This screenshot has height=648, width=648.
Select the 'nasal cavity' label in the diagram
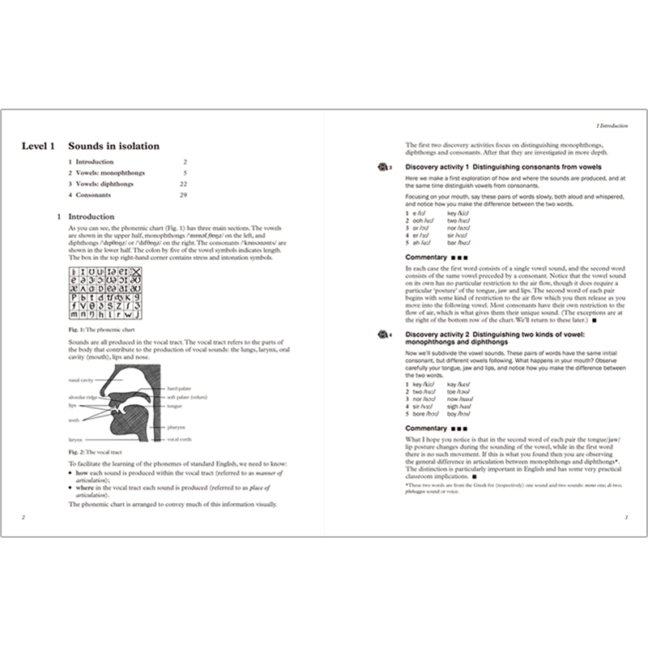(81, 377)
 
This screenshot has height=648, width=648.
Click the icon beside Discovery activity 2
(383, 334)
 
